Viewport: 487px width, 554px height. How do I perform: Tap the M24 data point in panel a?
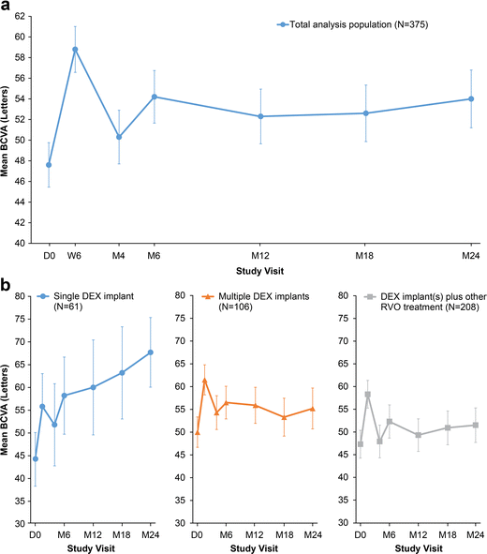pos(471,98)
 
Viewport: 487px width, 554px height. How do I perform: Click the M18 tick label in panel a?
pos(365,255)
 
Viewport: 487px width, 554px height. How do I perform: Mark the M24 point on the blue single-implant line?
pos(150,352)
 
